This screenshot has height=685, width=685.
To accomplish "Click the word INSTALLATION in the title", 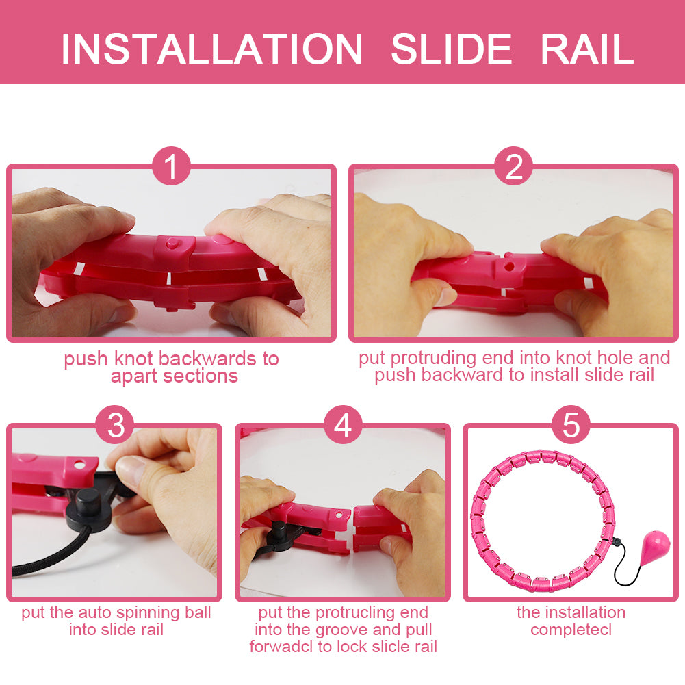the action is (x=212, y=49).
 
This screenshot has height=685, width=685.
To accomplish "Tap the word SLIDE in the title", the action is (x=451, y=49).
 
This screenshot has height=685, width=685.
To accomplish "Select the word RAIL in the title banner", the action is (x=587, y=49).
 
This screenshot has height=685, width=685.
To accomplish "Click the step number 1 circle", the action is (x=171, y=166).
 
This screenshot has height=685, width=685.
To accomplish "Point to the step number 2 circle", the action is (x=513, y=166).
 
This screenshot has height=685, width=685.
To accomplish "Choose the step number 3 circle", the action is (x=116, y=425).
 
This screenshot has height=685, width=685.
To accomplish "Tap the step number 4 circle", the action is (x=343, y=425).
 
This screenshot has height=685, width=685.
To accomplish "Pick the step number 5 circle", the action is (x=571, y=425).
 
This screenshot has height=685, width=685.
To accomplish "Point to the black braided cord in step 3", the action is (x=48, y=554).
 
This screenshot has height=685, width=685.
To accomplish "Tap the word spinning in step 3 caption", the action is (x=149, y=613).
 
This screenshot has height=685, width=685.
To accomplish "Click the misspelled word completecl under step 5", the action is (x=571, y=630).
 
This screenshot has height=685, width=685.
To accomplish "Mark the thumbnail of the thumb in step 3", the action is (x=131, y=471).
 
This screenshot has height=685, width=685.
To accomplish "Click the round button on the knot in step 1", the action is (x=172, y=242).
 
